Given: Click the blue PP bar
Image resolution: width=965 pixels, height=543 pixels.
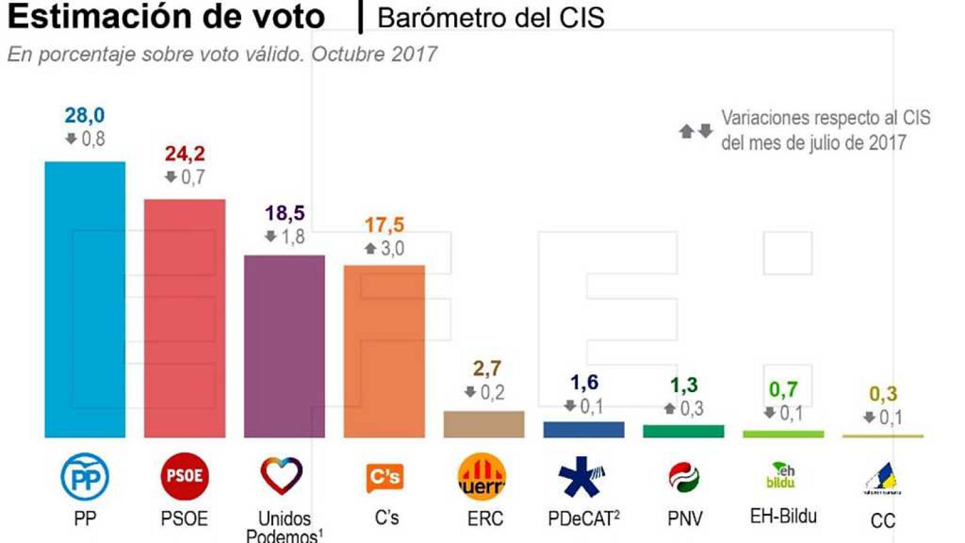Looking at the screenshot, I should (85, 299).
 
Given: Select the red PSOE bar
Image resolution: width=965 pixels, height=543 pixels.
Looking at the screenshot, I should (185, 318).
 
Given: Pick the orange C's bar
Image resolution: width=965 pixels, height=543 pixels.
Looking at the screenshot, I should (384, 351).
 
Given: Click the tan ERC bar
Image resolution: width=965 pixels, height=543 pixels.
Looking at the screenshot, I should (484, 424).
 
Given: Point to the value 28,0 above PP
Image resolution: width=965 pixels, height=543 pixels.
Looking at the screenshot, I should (84, 115).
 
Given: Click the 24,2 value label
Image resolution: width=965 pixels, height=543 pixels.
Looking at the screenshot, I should (185, 153).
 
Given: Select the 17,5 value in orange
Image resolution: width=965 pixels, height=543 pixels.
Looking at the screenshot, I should (384, 225).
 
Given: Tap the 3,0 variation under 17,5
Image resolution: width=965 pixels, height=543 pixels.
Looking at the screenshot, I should (391, 248).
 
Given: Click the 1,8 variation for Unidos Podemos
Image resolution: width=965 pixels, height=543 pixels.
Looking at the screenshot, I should (293, 237).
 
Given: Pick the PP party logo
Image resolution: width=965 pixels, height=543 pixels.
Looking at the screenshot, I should (85, 477).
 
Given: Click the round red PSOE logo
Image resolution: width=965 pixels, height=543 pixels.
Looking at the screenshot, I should (185, 476).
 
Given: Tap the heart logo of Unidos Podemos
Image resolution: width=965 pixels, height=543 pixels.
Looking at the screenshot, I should (282, 475).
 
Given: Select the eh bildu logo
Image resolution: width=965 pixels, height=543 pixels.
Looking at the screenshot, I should (781, 476).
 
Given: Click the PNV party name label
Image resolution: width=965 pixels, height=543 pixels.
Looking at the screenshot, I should (685, 518).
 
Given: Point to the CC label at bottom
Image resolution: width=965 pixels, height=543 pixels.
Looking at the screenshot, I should (882, 520).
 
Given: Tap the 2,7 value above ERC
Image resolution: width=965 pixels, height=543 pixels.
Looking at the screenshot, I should (486, 368).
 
